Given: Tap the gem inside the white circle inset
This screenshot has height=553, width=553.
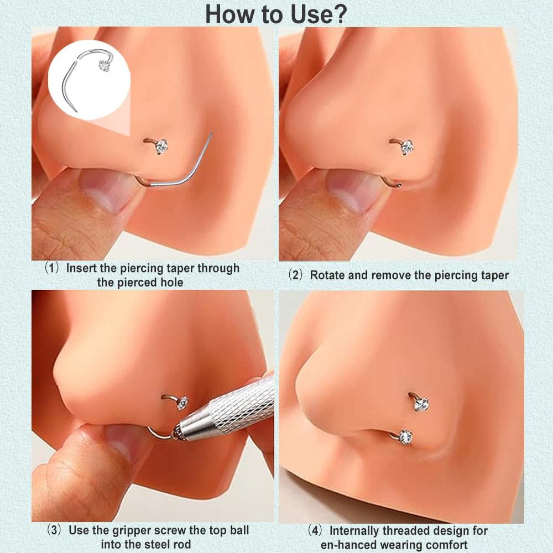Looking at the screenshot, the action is click(104, 66).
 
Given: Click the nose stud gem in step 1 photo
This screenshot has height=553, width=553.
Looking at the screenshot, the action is click(161, 146).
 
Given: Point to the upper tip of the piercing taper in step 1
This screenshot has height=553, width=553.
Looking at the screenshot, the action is click(212, 133).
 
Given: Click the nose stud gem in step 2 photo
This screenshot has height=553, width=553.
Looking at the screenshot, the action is click(407, 147).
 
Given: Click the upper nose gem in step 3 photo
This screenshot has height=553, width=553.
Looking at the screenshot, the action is click(182, 403).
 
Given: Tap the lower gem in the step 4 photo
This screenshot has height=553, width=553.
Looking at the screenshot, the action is click(405, 437).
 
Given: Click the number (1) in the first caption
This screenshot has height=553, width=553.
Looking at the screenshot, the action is click(52, 268).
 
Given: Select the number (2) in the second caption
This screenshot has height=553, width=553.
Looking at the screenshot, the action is click(295, 275).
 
